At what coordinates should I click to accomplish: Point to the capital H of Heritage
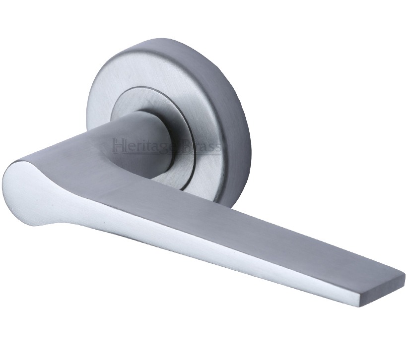(119, 146)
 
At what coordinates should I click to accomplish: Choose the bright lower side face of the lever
(199, 248)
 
